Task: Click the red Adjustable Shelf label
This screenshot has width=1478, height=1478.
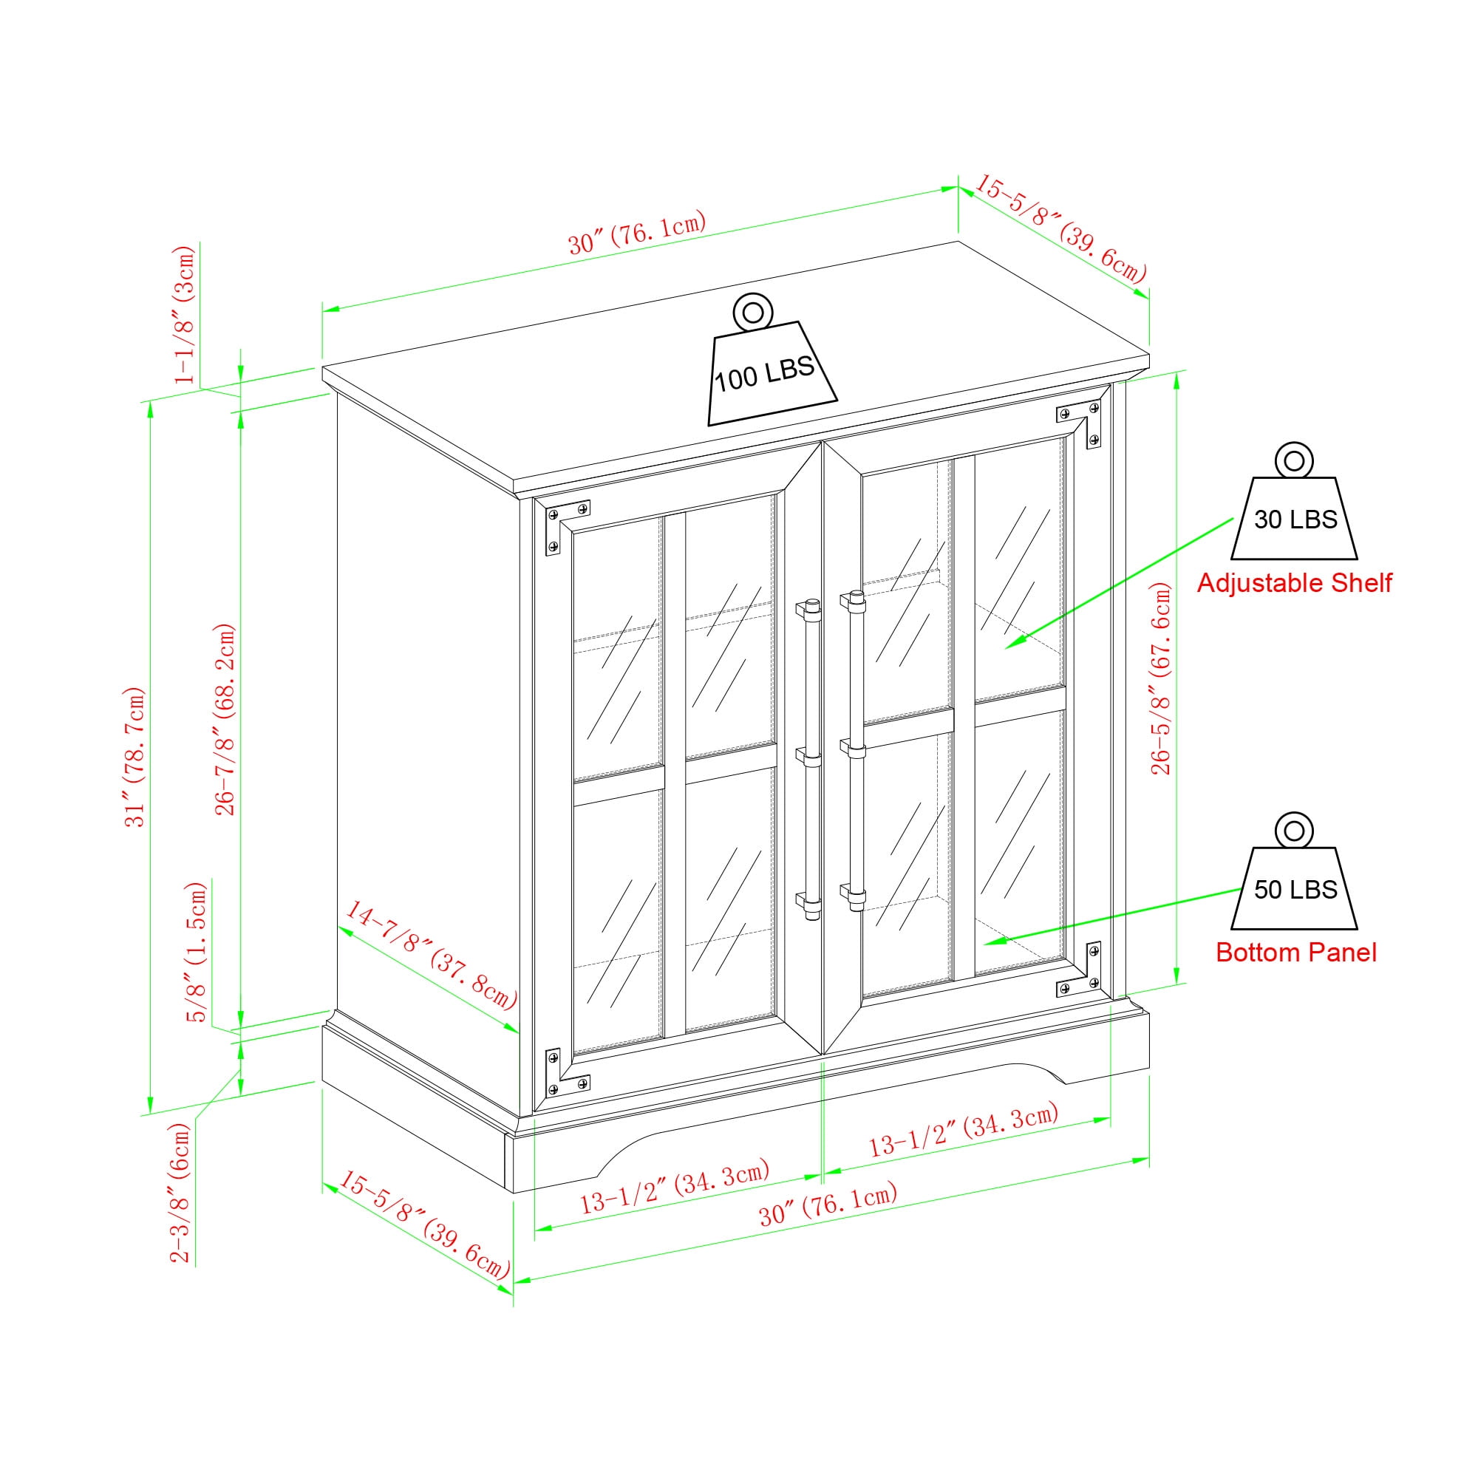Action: (x=1295, y=584)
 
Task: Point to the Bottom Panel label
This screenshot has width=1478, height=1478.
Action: (x=1296, y=953)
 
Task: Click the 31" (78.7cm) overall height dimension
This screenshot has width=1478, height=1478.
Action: (x=134, y=757)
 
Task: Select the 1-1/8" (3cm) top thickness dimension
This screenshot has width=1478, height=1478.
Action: (x=185, y=314)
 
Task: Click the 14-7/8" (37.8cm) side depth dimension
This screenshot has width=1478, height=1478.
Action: (x=431, y=954)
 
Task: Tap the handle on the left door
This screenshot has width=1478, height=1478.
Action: (x=809, y=759)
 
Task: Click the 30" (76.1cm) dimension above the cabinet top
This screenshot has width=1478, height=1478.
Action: (x=636, y=232)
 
